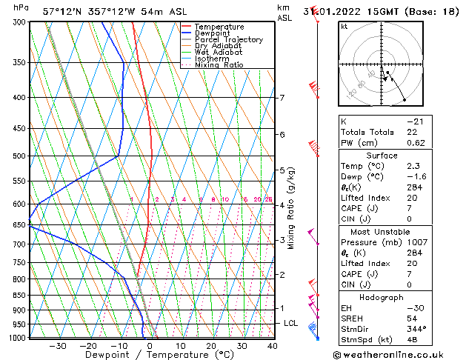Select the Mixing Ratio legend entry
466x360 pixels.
(x=219, y=65)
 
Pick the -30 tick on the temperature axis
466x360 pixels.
(x=57, y=346)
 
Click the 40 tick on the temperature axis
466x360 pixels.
(x=273, y=346)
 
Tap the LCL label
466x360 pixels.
(x=291, y=324)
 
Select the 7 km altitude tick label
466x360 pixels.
(x=282, y=98)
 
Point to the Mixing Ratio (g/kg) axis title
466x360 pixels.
(x=291, y=208)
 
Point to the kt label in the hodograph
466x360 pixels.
(x=344, y=27)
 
